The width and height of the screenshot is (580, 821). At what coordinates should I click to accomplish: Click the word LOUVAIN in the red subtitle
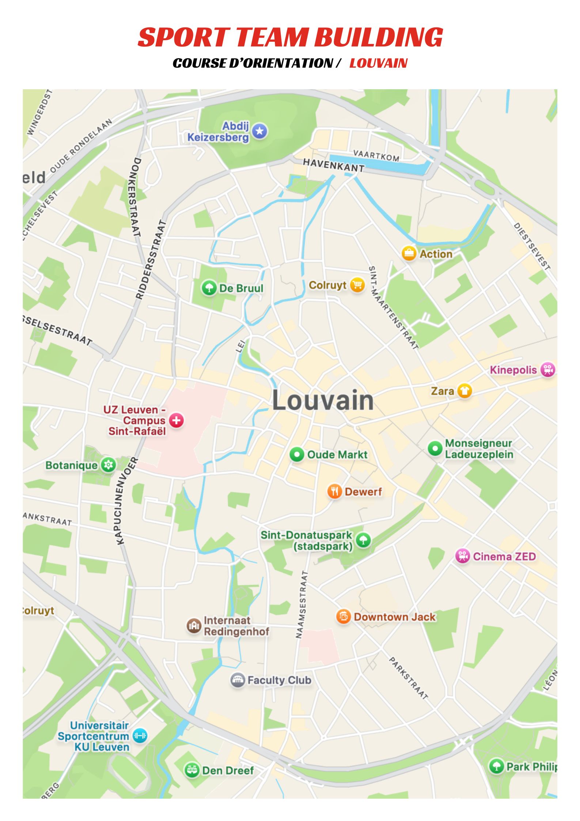click(378, 63)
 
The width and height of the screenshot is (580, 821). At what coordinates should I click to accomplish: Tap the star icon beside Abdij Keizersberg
click(259, 131)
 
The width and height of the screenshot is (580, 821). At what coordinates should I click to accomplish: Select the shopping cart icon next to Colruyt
click(357, 285)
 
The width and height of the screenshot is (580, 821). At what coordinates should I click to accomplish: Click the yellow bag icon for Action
click(409, 253)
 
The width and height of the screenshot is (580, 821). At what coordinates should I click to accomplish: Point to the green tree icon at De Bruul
click(209, 288)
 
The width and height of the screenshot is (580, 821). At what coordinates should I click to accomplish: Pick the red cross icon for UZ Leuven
click(176, 420)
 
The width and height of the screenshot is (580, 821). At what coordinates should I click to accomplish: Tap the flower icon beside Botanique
click(108, 465)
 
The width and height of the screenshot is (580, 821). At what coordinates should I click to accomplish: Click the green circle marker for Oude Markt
click(297, 455)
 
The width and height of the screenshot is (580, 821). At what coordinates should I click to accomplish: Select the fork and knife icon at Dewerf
click(334, 492)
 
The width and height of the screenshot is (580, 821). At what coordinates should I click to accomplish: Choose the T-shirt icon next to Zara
click(464, 391)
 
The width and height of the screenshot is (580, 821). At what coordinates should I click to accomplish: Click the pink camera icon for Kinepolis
click(547, 369)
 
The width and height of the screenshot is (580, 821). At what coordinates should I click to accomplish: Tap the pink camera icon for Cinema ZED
click(463, 556)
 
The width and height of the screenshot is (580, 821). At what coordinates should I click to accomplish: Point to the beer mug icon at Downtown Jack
click(344, 617)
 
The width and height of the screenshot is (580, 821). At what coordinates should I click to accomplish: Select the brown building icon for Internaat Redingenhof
click(194, 626)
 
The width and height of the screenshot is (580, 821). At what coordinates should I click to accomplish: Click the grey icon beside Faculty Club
click(238, 680)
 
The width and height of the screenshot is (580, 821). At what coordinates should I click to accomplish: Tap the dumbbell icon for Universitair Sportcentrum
click(140, 735)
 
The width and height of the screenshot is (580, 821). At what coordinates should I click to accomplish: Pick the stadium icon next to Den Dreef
click(192, 770)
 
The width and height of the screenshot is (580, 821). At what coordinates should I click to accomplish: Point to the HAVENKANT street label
click(333, 165)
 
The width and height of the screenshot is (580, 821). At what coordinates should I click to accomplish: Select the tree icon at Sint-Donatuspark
click(363, 540)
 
